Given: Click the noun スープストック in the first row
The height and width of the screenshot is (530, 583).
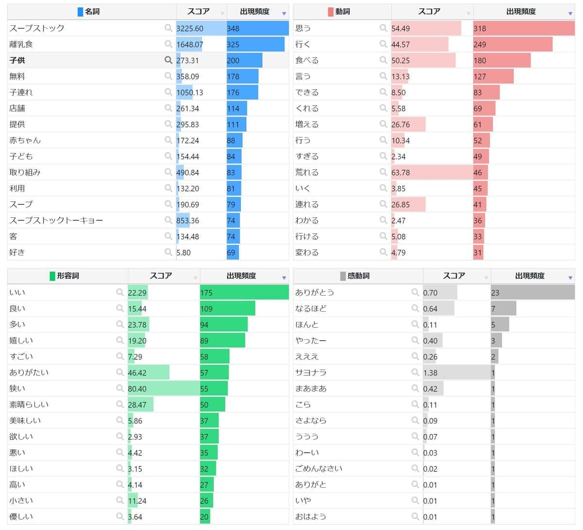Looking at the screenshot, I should [37, 28].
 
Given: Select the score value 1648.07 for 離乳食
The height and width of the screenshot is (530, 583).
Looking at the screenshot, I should [189, 44].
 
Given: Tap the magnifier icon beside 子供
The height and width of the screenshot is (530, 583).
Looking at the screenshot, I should [168, 60].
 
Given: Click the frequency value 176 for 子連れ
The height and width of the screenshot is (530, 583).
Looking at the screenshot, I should [233, 92].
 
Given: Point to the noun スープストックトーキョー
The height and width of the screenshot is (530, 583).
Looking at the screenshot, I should [56, 220].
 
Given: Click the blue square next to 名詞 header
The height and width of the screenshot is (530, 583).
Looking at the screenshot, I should [80, 12].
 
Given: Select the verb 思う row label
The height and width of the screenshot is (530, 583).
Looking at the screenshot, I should [303, 28].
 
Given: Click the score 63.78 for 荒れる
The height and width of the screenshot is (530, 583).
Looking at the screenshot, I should [400, 172].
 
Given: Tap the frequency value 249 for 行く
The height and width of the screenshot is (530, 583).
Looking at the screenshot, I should [480, 44].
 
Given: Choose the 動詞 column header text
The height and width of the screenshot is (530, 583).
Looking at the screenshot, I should [343, 12].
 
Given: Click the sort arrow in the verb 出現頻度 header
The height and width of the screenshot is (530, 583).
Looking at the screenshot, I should [570, 13].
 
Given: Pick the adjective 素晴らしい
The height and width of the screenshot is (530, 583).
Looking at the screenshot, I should [29, 405].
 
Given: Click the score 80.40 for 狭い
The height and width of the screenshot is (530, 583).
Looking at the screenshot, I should [137, 389].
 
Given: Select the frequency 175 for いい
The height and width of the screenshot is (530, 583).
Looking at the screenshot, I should [206, 293].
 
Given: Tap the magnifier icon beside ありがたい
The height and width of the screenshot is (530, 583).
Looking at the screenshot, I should [120, 372].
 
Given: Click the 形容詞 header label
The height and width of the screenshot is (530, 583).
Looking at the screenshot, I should [68, 276].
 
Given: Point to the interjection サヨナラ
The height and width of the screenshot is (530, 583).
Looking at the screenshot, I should [311, 372].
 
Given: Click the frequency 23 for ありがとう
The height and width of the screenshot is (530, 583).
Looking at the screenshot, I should [495, 293].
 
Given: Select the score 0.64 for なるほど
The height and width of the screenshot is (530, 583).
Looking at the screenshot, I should [430, 309].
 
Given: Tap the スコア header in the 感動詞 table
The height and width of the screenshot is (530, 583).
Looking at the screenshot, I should [454, 276].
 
